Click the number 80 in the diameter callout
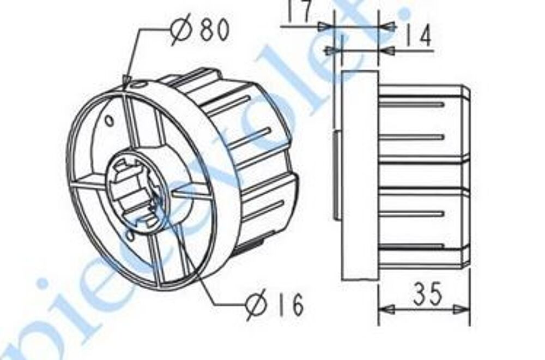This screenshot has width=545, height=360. tap(214, 31)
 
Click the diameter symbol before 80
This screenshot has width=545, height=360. tap(181, 32)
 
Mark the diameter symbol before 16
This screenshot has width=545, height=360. tap(257, 306)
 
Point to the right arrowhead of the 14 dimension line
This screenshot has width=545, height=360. tap(385, 50)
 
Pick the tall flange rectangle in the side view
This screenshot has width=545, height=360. tap(360, 175)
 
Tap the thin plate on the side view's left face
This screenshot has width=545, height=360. tap(335, 175)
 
